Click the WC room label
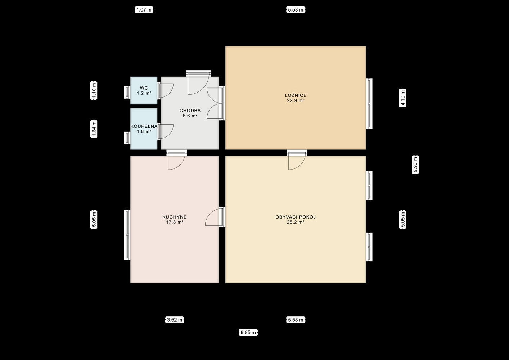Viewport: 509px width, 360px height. pos(144,88)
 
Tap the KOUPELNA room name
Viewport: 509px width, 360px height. pos(144,126)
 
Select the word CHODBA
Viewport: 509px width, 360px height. pos(190,111)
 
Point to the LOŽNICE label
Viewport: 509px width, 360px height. pos(296,95)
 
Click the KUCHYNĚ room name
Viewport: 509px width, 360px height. pos(175,217)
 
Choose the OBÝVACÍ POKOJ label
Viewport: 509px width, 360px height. pos(296,217)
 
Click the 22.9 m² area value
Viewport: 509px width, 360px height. pos(296,100)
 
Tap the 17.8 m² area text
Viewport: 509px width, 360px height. pos(175,222)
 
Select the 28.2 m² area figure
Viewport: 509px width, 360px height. pos(296,222)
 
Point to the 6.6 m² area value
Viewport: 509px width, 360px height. pos(190,116)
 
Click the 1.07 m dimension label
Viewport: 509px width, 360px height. pos(144,10)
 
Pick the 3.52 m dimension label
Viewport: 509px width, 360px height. pos(175,320)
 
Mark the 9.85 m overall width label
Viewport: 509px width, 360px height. pos(248,333)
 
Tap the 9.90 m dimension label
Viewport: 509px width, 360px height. pos(415,165)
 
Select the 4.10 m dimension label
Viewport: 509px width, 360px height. pos(403,98)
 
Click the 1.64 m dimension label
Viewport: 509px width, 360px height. pos(94,129)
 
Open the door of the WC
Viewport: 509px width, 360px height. pos(166,91)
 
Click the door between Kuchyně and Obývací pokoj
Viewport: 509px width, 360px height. pos(215,217)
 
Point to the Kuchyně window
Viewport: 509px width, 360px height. pos(127,235)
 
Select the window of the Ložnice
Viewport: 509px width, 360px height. pos(369,104)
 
